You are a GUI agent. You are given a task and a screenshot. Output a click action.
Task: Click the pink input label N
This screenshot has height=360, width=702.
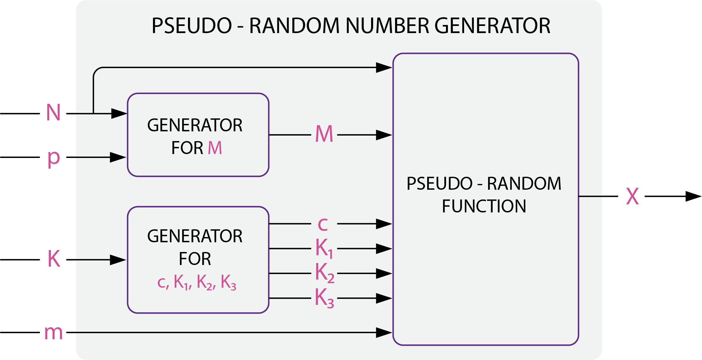click(53, 113)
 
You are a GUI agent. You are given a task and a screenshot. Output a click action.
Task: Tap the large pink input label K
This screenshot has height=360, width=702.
click(54, 259)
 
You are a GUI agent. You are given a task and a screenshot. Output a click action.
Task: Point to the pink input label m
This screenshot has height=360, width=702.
click(53, 333)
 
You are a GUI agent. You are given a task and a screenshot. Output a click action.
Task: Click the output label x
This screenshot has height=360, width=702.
click(632, 197)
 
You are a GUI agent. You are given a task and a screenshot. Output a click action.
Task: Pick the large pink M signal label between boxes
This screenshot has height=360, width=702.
click(324, 134)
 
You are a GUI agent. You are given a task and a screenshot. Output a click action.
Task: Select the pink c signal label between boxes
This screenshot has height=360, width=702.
click(323, 224)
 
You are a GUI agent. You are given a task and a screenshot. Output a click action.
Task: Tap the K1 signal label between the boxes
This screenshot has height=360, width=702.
click(324, 248)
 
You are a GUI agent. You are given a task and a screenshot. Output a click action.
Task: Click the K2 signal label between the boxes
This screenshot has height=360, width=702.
click(324, 273)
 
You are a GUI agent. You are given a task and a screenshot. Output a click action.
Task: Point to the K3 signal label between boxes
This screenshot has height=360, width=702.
click(324, 298)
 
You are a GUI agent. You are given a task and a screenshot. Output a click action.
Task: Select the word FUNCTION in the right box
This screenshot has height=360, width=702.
click(484, 206)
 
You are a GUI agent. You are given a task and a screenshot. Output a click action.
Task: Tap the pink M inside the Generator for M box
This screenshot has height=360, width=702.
click(215, 148)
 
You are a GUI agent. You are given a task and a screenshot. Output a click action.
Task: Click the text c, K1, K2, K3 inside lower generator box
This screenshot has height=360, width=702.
click(197, 282)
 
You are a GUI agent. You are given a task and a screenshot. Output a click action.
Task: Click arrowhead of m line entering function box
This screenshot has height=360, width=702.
click(384, 332)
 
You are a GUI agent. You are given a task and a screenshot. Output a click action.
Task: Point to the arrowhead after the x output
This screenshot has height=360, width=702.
click(693, 196)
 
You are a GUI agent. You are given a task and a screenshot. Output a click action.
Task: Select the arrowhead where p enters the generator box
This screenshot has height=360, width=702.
click(118, 157)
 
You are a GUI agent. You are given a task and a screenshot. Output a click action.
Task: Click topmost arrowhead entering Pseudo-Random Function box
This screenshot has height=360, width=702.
click(384, 67)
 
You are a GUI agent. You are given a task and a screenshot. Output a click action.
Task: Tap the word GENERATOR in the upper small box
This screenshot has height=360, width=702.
click(195, 126)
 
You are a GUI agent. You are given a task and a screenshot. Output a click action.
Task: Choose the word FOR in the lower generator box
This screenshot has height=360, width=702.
click(195, 259)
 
